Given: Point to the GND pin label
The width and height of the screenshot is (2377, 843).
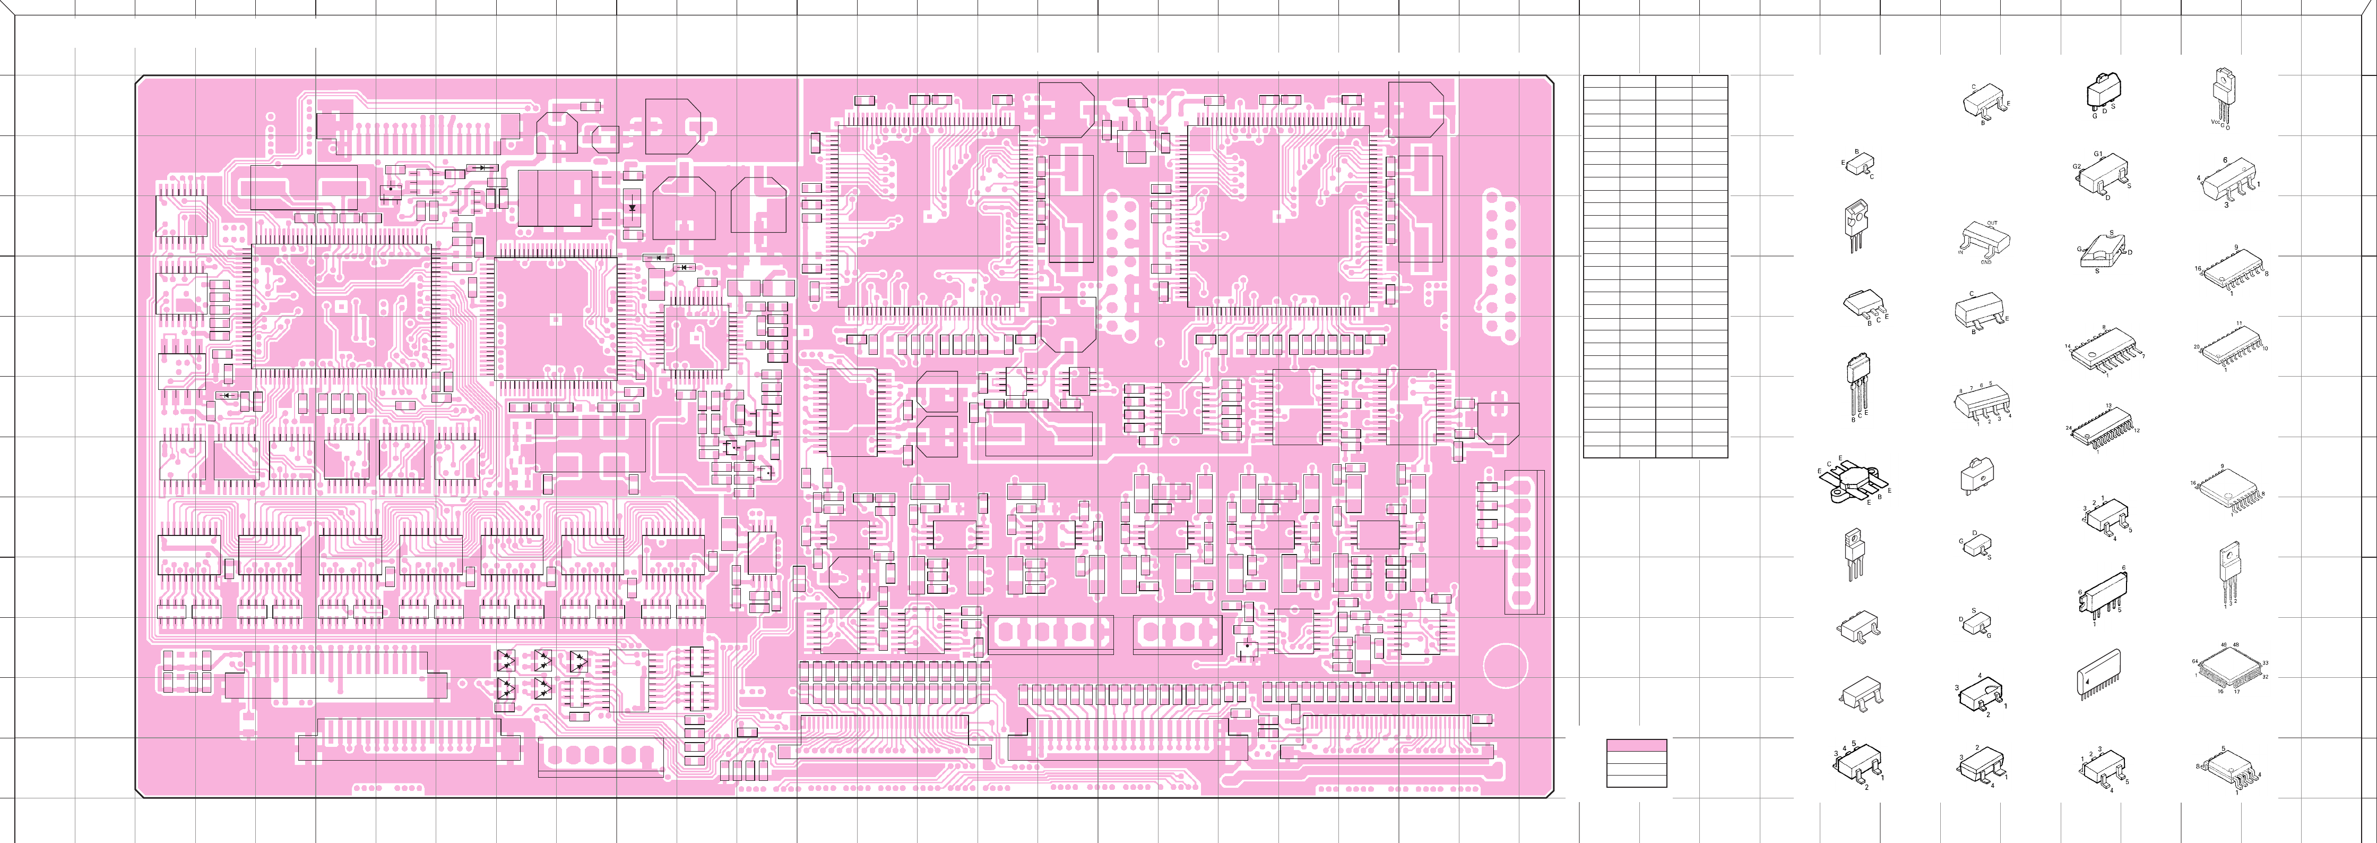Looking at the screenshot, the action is [1986, 262].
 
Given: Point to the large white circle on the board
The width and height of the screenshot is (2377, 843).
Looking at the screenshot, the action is [1505, 666].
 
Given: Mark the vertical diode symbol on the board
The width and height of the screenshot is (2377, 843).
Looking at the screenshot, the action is [632, 208].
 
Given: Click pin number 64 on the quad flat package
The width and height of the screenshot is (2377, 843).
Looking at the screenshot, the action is [2195, 661].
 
